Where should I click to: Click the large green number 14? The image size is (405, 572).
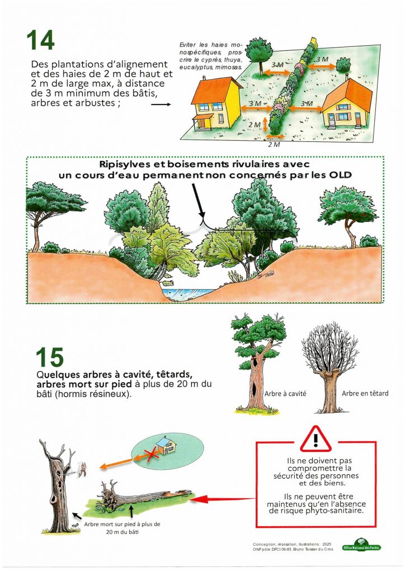[x=40, y=40]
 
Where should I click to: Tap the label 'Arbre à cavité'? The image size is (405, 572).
[x=285, y=394]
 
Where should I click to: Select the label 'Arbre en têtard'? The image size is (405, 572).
[x=365, y=393]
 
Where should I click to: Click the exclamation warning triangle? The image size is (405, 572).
[x=315, y=439]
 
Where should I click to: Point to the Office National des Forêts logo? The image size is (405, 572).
[x=361, y=546]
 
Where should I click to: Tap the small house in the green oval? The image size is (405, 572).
[x=166, y=445]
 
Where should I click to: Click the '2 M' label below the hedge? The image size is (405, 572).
[x=274, y=145]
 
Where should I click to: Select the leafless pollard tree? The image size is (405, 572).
[x=331, y=372]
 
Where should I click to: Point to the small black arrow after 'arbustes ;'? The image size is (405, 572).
[x=161, y=104]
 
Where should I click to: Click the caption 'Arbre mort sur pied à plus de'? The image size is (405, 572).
[x=122, y=524]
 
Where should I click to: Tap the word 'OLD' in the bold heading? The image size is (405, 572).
[x=340, y=175]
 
